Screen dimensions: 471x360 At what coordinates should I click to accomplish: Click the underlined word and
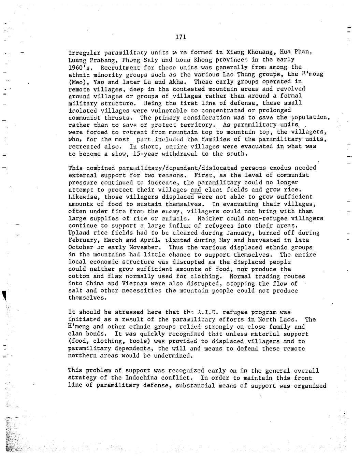(x=196, y=189)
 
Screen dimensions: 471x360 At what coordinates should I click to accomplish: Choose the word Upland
(x=79, y=233)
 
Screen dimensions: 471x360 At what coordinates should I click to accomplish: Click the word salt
(x=75, y=290)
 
